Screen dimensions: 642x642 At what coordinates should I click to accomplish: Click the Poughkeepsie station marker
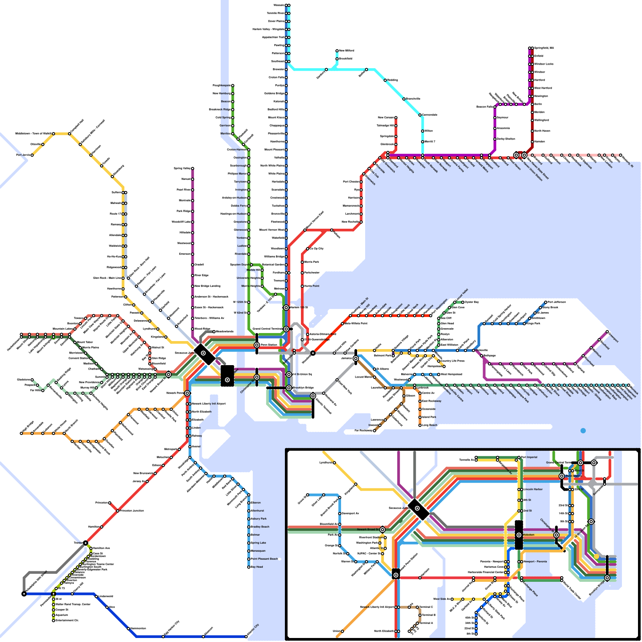[232, 85]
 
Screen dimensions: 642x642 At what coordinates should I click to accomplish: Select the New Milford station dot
[337, 51]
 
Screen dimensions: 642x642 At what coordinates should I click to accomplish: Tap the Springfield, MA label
[544, 48]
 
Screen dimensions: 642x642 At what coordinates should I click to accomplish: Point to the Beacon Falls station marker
[495, 107]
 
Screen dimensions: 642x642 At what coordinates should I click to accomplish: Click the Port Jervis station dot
[32, 155]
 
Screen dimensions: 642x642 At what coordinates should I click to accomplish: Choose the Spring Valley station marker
[193, 169]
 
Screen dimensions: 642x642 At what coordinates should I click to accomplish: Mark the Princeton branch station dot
[110, 503]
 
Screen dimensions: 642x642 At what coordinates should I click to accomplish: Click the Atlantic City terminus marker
[246, 636]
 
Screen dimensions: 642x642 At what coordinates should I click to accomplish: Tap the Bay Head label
[257, 567]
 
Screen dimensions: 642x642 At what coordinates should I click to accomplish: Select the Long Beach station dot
[420, 425]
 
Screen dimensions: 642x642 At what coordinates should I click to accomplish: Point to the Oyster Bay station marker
[463, 302]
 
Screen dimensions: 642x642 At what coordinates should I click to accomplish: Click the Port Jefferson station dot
[546, 302]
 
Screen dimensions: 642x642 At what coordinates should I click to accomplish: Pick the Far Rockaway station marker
[374, 431]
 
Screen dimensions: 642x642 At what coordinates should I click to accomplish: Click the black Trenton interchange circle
[85, 543]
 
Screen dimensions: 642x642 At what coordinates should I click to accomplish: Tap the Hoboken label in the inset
[529, 535]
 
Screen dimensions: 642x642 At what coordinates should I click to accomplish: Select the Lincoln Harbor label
[533, 490]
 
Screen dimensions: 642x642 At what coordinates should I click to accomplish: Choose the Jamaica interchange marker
[356, 358]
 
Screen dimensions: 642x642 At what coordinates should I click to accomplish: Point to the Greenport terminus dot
[607, 332]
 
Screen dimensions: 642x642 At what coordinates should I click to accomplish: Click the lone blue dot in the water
[583, 431]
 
